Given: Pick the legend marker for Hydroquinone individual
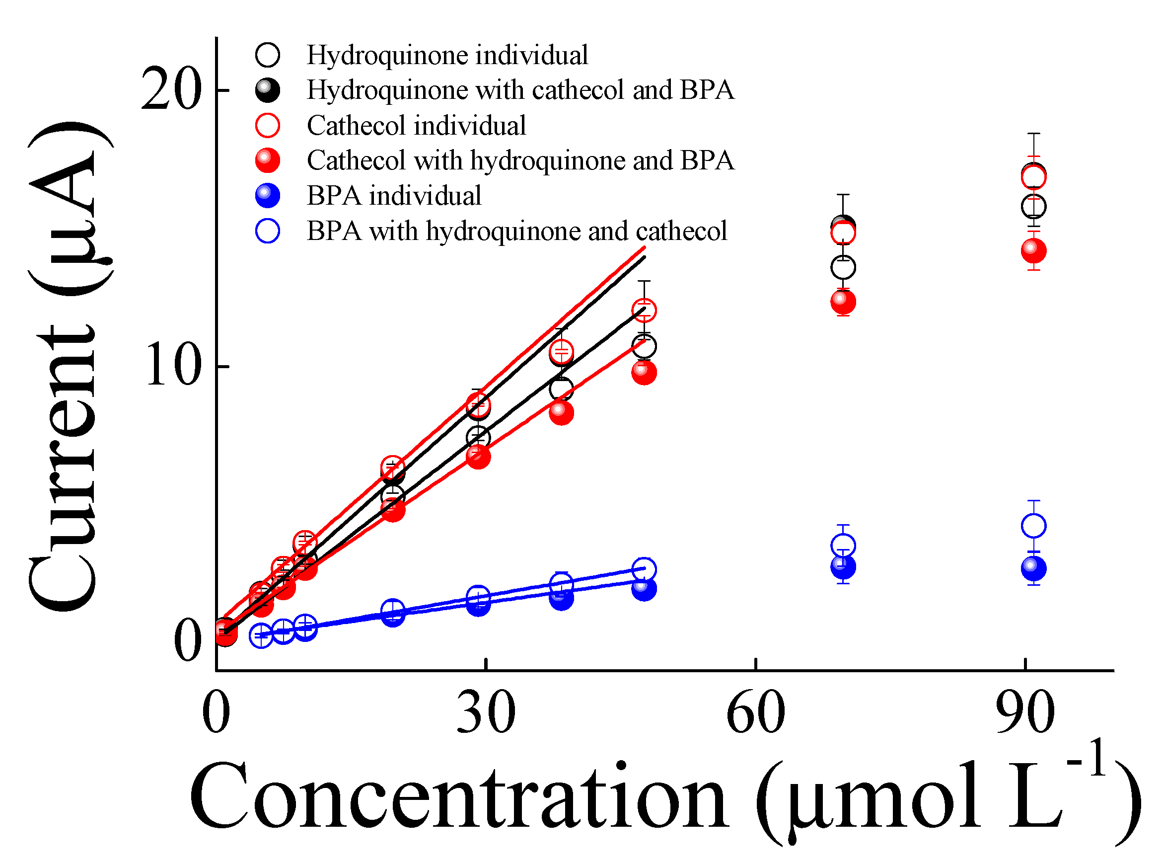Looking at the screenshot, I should point(268,55).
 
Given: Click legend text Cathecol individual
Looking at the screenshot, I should point(416,126).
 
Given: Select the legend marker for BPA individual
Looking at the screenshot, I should point(268,196).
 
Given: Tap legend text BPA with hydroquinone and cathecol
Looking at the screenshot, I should point(516,231).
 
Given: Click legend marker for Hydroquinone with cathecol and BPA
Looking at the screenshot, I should point(268,90).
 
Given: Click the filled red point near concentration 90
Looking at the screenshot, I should point(1033,251).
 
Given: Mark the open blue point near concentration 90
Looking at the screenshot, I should point(1033,526).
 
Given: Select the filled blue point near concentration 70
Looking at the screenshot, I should point(843,567).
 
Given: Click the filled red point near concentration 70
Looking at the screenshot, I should point(843,302).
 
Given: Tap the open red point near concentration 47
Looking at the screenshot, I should point(644,311).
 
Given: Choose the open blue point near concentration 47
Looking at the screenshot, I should point(644,569).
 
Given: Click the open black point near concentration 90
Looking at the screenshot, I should point(1033,207).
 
